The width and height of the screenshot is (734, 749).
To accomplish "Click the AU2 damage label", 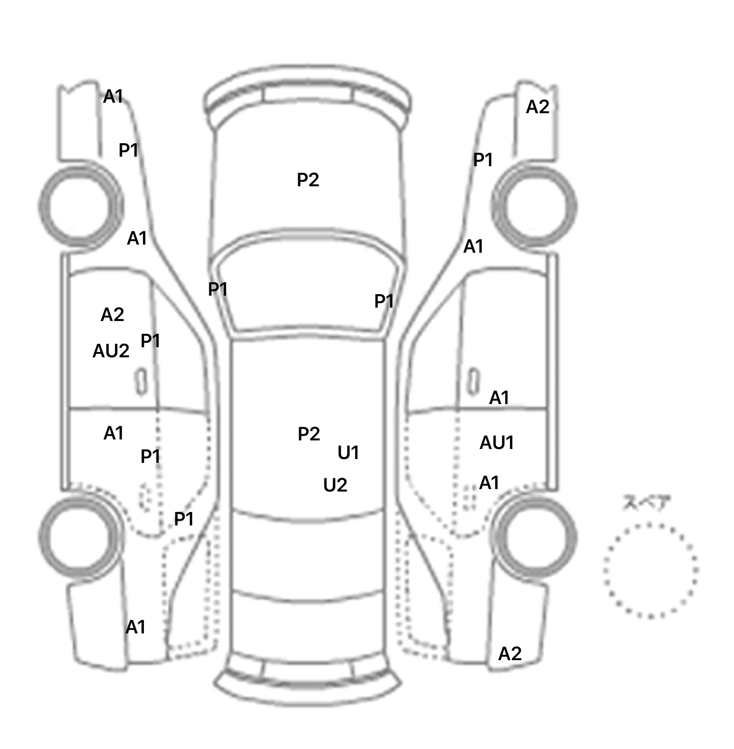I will coord(111,351).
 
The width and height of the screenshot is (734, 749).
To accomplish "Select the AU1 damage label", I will coord(497,443).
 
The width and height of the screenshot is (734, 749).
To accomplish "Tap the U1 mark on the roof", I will coord(348,452).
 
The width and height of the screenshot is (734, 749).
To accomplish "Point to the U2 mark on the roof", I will coord(335,485).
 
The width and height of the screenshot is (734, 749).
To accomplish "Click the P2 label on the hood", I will coord(308,180).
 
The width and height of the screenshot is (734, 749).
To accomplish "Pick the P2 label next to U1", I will coord(309,434).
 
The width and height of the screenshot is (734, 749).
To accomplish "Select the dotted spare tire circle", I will coord(651,570).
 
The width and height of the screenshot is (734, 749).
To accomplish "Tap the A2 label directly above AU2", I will coord(112,314).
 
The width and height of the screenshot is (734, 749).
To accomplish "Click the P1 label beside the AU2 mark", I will coord(150,341).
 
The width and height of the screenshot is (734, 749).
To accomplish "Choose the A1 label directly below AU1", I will coord(489,483).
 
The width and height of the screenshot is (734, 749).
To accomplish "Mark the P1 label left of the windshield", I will coord(217,289).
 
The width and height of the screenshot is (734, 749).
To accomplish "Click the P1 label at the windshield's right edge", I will coord(384,301).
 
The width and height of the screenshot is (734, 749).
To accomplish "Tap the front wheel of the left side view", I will coord(80,206).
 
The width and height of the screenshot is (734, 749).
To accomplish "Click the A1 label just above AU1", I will coord(499,397).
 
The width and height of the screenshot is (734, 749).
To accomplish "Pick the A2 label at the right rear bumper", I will coord(510,653).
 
